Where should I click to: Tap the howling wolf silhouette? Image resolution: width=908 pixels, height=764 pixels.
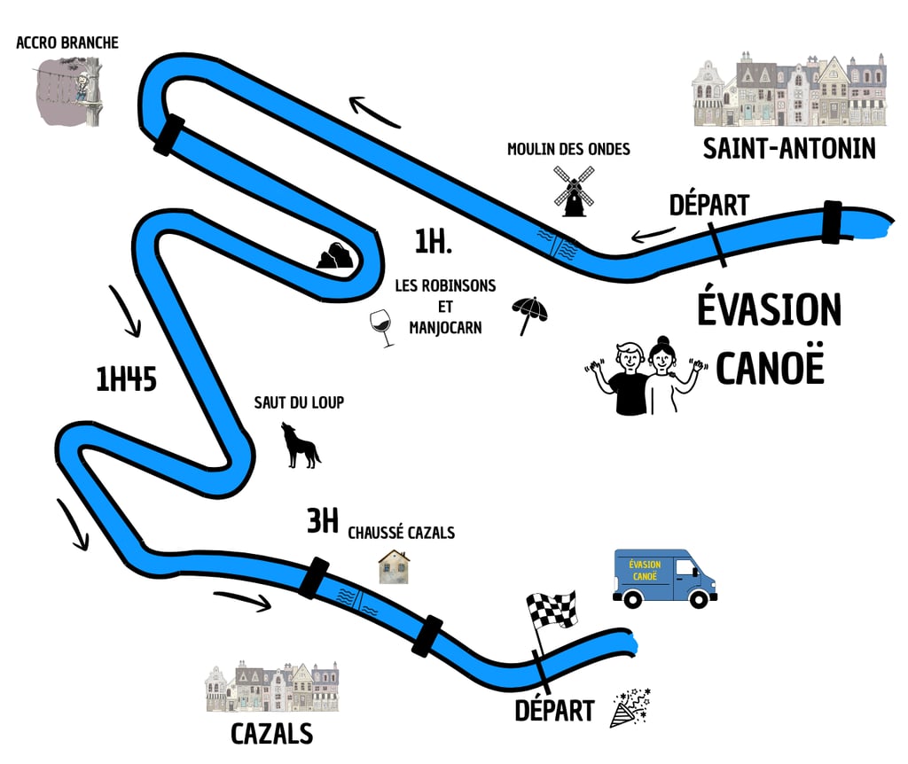[300, 445]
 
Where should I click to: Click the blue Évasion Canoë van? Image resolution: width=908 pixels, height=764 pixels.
[664, 578]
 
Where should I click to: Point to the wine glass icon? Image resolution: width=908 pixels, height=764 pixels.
[382, 327]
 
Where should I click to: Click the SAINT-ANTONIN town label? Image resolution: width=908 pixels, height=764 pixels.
[788, 148]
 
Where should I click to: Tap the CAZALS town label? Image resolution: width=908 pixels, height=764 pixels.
[271, 734]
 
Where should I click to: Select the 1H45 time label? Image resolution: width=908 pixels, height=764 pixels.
[126, 378]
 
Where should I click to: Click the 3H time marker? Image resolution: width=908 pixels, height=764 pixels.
[323, 522]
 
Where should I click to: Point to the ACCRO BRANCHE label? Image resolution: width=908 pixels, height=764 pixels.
[67, 43]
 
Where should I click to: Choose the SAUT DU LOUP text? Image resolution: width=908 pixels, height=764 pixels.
[299, 402]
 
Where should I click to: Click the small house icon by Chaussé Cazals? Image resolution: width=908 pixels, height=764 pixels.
[394, 566]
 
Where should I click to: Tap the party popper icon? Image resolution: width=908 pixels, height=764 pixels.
[630, 706]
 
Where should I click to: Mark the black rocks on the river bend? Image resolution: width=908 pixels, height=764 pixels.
[336, 255]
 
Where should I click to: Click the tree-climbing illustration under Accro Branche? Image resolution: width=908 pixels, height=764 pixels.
[70, 89]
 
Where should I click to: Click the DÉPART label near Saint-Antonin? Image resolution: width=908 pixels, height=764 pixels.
[708, 205]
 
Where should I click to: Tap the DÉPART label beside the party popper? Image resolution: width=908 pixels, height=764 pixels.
[555, 710]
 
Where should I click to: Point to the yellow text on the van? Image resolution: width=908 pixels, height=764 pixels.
[645, 570]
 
